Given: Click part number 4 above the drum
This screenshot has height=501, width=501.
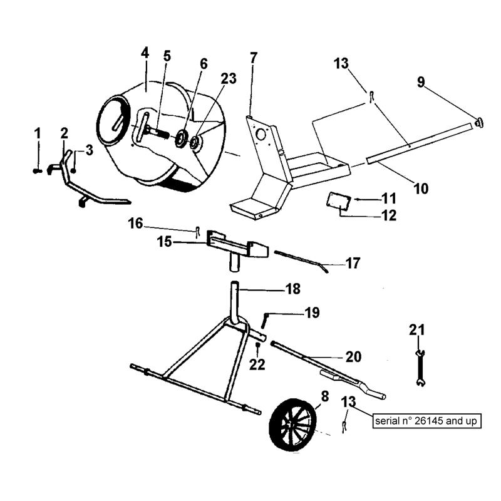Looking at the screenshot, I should coord(145,53).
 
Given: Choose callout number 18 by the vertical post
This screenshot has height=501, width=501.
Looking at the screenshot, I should coord(292,289).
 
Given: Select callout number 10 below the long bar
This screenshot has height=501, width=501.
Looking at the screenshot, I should coord(420,187).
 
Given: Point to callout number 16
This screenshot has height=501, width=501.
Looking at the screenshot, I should coord(136,223).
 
